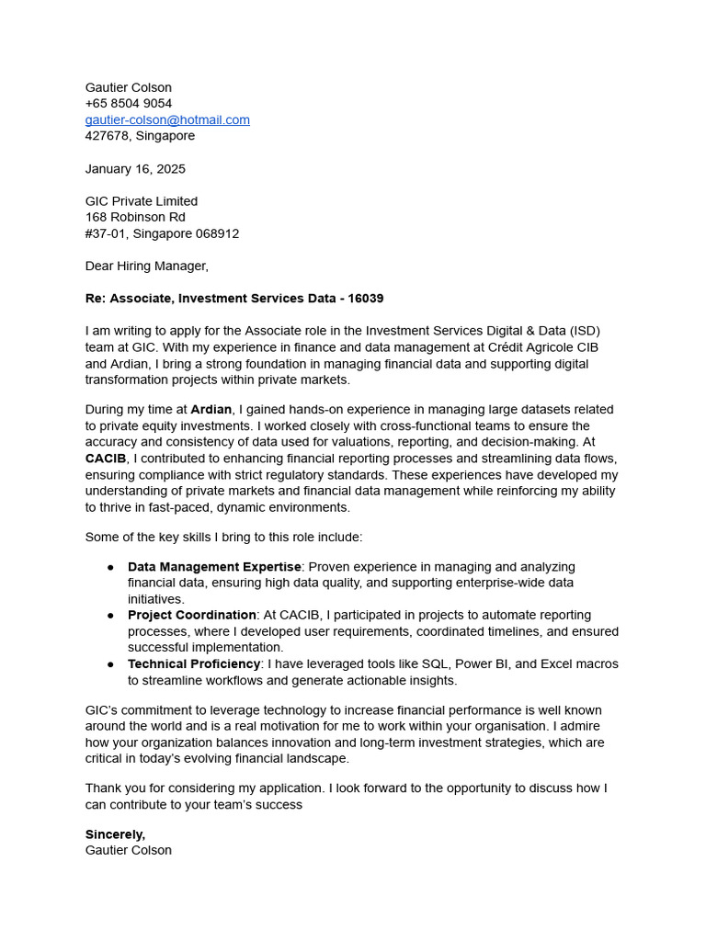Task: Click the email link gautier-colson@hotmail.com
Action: [x=167, y=119]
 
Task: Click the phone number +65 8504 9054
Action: [x=129, y=103]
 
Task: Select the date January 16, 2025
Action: [x=135, y=169]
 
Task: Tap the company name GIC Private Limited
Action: [x=142, y=201]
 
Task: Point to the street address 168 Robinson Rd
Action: [x=135, y=217]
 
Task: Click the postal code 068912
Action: [x=216, y=233]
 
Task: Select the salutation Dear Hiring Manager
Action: [x=147, y=266]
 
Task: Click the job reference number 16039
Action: [x=365, y=299]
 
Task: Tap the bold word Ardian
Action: [x=211, y=410]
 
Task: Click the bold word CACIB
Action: [x=106, y=459]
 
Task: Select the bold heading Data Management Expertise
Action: [x=214, y=567]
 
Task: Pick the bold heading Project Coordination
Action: [x=192, y=616]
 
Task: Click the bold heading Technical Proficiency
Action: [x=194, y=664]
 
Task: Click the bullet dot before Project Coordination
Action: [x=110, y=616]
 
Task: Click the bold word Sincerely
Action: [x=115, y=834]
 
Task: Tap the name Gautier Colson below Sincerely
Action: [x=129, y=851]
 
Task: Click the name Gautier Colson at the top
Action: [x=129, y=87]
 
